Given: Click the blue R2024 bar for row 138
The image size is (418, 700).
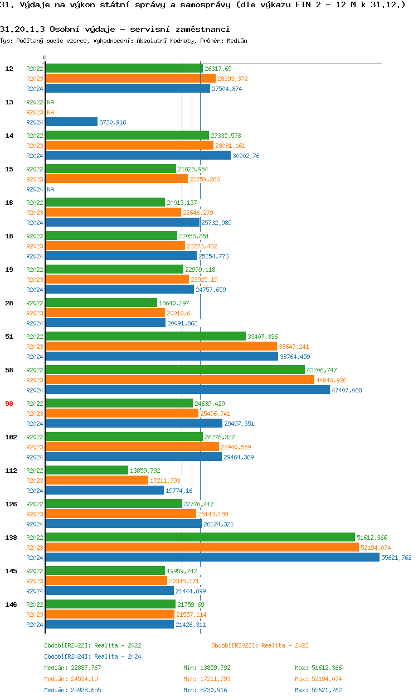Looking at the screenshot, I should click(x=212, y=558).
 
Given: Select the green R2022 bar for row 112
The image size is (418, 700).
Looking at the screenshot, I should click(x=86, y=471).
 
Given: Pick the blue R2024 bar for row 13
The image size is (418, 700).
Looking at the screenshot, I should click(x=71, y=122).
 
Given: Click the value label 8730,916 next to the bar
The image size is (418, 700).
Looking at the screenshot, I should click(x=113, y=122).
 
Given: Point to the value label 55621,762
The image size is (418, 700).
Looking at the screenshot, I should click(x=396, y=558).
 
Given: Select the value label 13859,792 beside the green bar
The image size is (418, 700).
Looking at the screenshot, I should click(x=145, y=471).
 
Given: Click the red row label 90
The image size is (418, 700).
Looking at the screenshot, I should click(x=9, y=404).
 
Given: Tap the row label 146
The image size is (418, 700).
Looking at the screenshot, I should click(x=11, y=605).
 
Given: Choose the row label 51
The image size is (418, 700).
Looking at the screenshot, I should click(x=9, y=337).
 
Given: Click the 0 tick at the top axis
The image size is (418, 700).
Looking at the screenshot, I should click(x=45, y=58).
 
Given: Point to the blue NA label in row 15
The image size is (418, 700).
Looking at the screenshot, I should click(x=50, y=189).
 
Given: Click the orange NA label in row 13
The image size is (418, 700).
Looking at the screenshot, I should click(x=50, y=112).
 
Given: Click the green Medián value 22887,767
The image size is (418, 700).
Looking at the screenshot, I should click(x=82, y=668).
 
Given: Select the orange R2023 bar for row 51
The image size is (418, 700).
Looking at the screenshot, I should click(x=161, y=347).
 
